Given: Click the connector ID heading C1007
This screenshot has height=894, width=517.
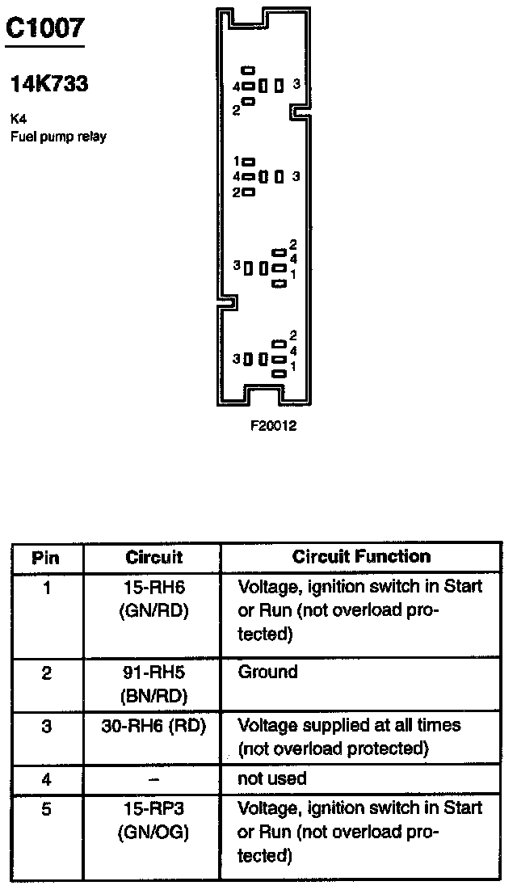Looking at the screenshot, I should [44, 28].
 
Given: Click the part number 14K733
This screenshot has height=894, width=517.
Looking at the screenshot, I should [48, 83].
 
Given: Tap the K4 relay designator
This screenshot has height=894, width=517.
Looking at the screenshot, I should [18, 118].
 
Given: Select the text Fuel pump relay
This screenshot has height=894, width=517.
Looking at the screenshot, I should [57, 136].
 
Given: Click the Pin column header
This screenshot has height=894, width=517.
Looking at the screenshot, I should [46, 557].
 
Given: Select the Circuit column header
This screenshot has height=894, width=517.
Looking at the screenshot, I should [153, 557].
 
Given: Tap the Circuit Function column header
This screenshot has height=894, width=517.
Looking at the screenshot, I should [361, 556].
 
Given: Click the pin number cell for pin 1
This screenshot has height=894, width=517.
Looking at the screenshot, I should [46, 588].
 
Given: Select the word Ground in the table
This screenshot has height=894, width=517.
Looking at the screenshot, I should [267, 672].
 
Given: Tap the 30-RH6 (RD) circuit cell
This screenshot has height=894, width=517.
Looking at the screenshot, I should [153, 726].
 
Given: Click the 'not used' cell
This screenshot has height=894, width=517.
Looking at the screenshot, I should [271, 778].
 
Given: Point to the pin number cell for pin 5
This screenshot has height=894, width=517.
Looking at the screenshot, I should [46, 808].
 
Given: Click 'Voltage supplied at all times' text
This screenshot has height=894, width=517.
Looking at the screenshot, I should [349, 725].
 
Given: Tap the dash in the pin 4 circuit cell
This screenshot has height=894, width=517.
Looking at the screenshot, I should [153, 779].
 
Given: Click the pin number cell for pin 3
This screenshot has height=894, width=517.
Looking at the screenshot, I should [46, 727].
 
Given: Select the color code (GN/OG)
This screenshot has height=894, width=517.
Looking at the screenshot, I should [153, 832].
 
